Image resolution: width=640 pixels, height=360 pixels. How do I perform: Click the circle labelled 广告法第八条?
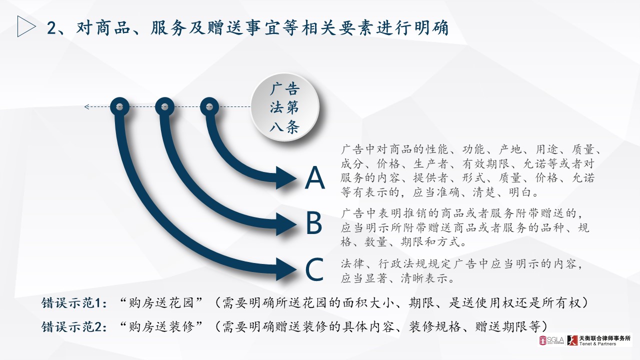pyautogui.click(x=284, y=107)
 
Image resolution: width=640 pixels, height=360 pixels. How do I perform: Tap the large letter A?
pyautogui.click(x=315, y=177)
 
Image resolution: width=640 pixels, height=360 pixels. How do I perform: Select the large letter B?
pyautogui.click(x=314, y=222)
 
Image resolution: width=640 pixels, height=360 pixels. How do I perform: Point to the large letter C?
pyautogui.click(x=314, y=269)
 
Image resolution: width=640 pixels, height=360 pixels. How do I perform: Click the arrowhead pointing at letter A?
pyautogui.click(x=286, y=177)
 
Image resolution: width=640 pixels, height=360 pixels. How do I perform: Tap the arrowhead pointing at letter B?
pyautogui.click(x=286, y=224)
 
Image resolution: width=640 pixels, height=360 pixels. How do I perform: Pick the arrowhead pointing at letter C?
pyautogui.click(x=286, y=269)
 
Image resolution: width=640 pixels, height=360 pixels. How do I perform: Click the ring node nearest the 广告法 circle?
pyautogui.click(x=209, y=107)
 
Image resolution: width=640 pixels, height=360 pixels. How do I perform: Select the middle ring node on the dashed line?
pyautogui.click(x=164, y=107)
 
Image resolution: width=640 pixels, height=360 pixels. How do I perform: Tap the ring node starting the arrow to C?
pyautogui.click(x=119, y=107)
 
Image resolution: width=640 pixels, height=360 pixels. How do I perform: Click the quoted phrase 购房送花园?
pyautogui.click(x=161, y=303)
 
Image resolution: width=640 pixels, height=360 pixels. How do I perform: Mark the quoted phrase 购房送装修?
pyautogui.click(x=161, y=326)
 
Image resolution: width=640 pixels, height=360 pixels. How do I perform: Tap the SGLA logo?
pyautogui.click(x=551, y=340)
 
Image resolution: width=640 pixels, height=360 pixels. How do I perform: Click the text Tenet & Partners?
pyautogui.click(x=597, y=344)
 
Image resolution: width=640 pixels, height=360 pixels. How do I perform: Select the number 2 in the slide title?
pyautogui.click(x=51, y=28)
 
